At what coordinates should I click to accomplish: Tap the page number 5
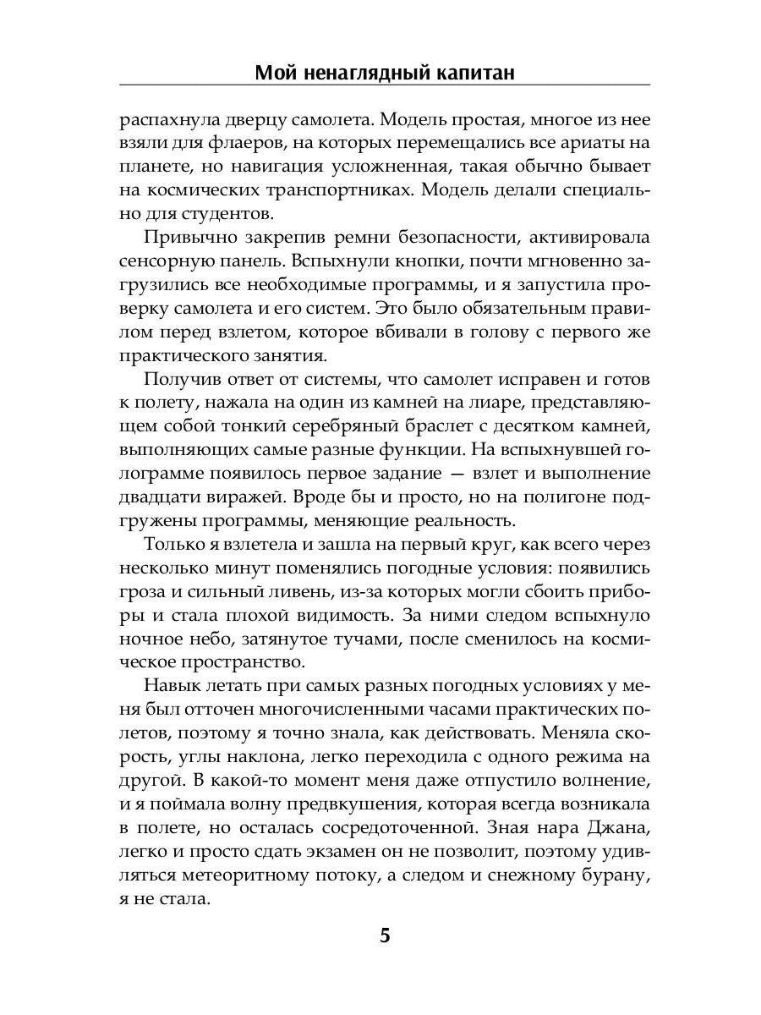click(x=385, y=936)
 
